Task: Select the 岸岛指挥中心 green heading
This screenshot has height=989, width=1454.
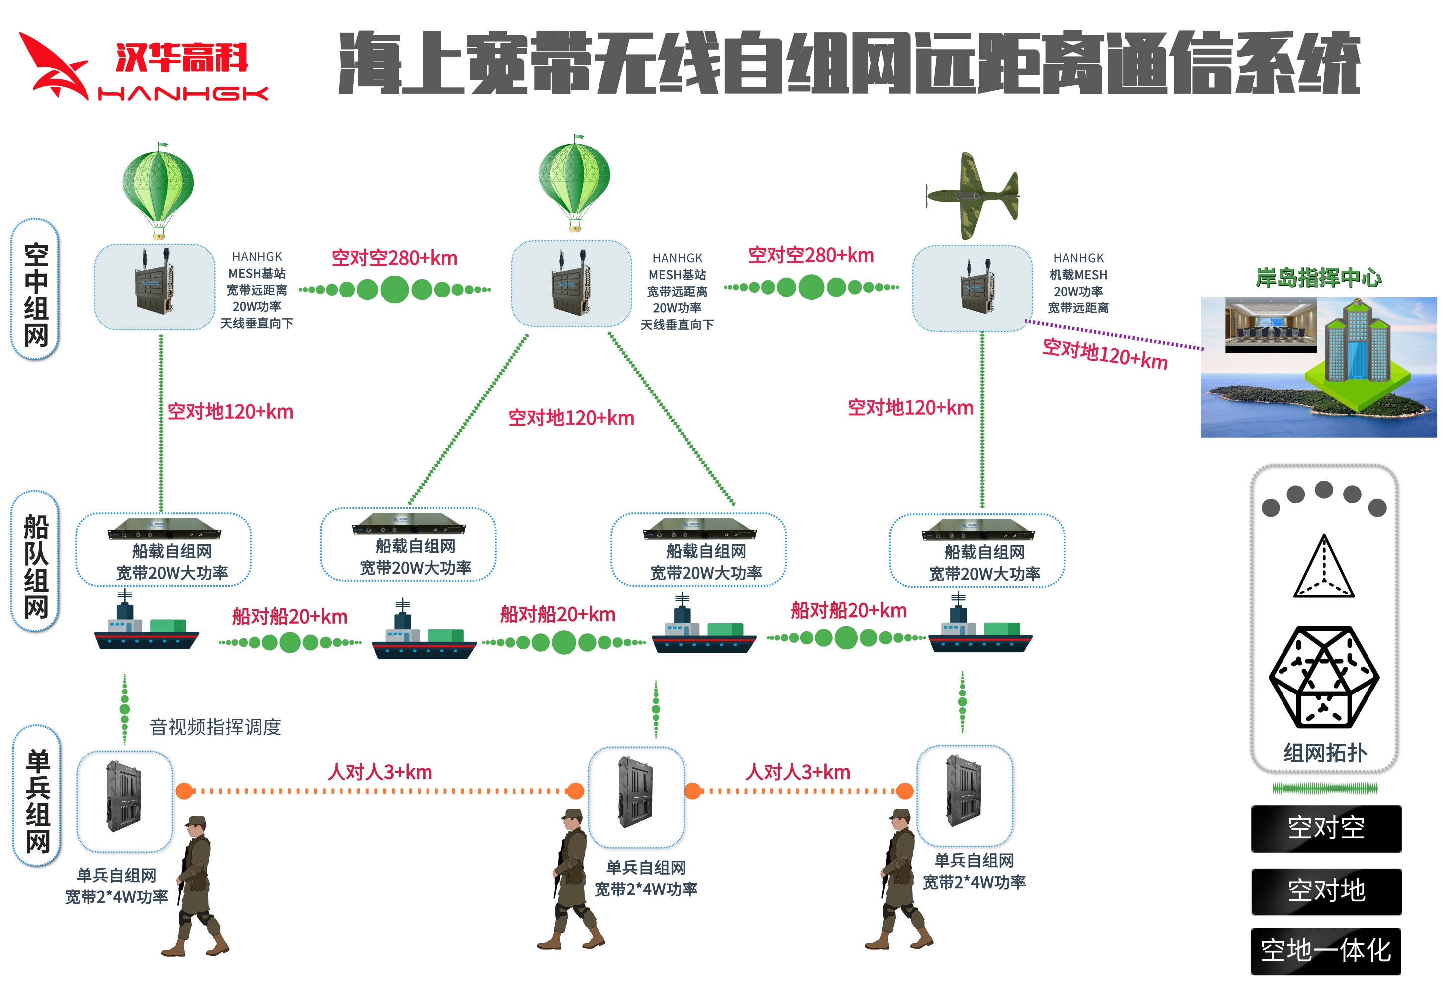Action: click(x=1318, y=277)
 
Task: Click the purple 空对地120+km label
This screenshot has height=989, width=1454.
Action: click(x=1104, y=354)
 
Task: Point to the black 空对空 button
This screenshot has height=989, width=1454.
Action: click(x=1325, y=828)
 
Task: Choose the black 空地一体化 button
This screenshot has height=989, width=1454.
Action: click(x=1325, y=950)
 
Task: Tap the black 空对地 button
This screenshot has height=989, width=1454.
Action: click(x=1325, y=890)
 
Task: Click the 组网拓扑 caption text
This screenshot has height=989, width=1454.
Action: click(x=1324, y=752)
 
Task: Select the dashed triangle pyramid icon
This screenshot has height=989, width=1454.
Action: click(x=1323, y=568)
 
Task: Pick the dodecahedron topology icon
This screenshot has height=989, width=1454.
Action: click(x=1323, y=677)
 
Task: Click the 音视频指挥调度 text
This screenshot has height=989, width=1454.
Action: click(x=215, y=727)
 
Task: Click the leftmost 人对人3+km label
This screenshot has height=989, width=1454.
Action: click(x=379, y=772)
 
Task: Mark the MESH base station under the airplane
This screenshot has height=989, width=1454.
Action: click(x=972, y=289)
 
